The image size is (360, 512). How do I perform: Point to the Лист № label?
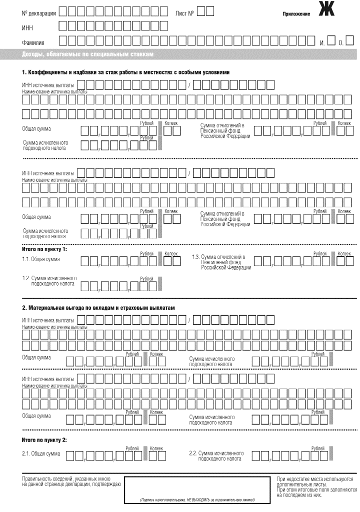(184, 11)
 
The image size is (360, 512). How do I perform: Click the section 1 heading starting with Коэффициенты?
(125, 72)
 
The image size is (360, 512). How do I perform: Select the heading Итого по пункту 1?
(44, 248)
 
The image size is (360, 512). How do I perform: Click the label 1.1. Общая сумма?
(41, 259)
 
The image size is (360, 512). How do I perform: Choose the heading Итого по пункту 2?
(44, 440)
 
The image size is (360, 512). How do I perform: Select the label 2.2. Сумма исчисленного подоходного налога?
(215, 457)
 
